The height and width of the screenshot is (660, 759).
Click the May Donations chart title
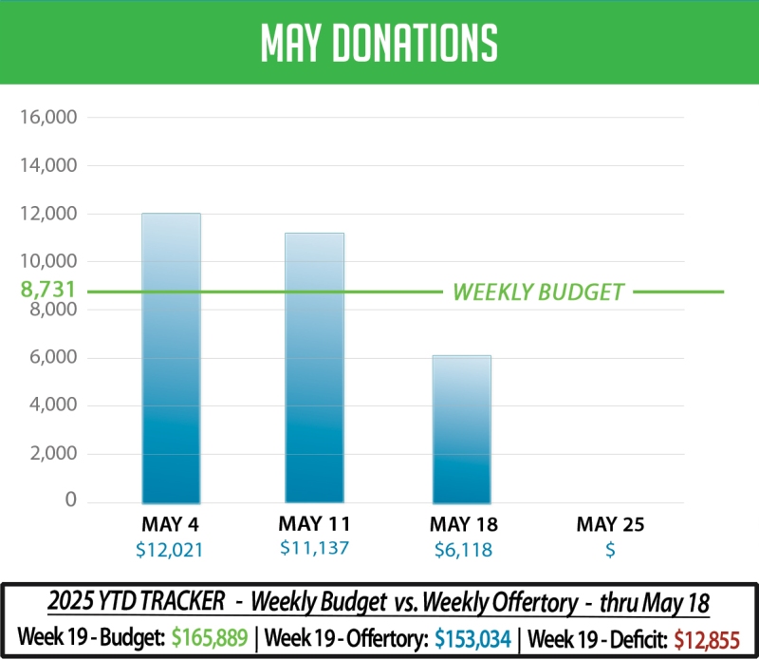[x=379, y=42]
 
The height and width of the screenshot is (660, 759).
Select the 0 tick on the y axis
[x=70, y=500]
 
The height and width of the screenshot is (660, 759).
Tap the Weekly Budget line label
[x=538, y=292]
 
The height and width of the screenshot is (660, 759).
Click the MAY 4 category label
[x=171, y=524]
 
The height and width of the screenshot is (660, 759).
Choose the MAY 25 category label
[x=610, y=524]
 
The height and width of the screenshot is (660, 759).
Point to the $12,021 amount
[x=171, y=548]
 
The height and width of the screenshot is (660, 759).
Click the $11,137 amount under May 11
[x=314, y=547]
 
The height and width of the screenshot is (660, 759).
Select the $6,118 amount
[x=463, y=548]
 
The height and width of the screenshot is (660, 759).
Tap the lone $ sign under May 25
[x=610, y=548]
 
